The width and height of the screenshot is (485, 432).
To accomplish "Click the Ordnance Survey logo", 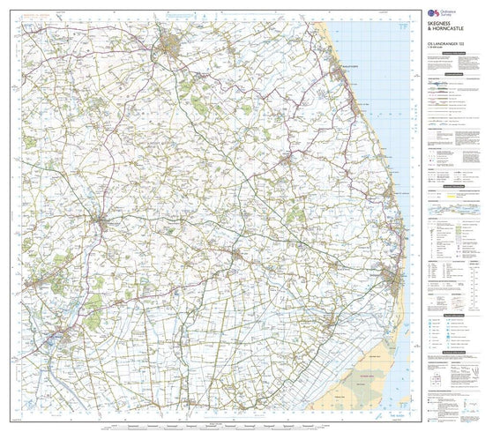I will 434,12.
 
